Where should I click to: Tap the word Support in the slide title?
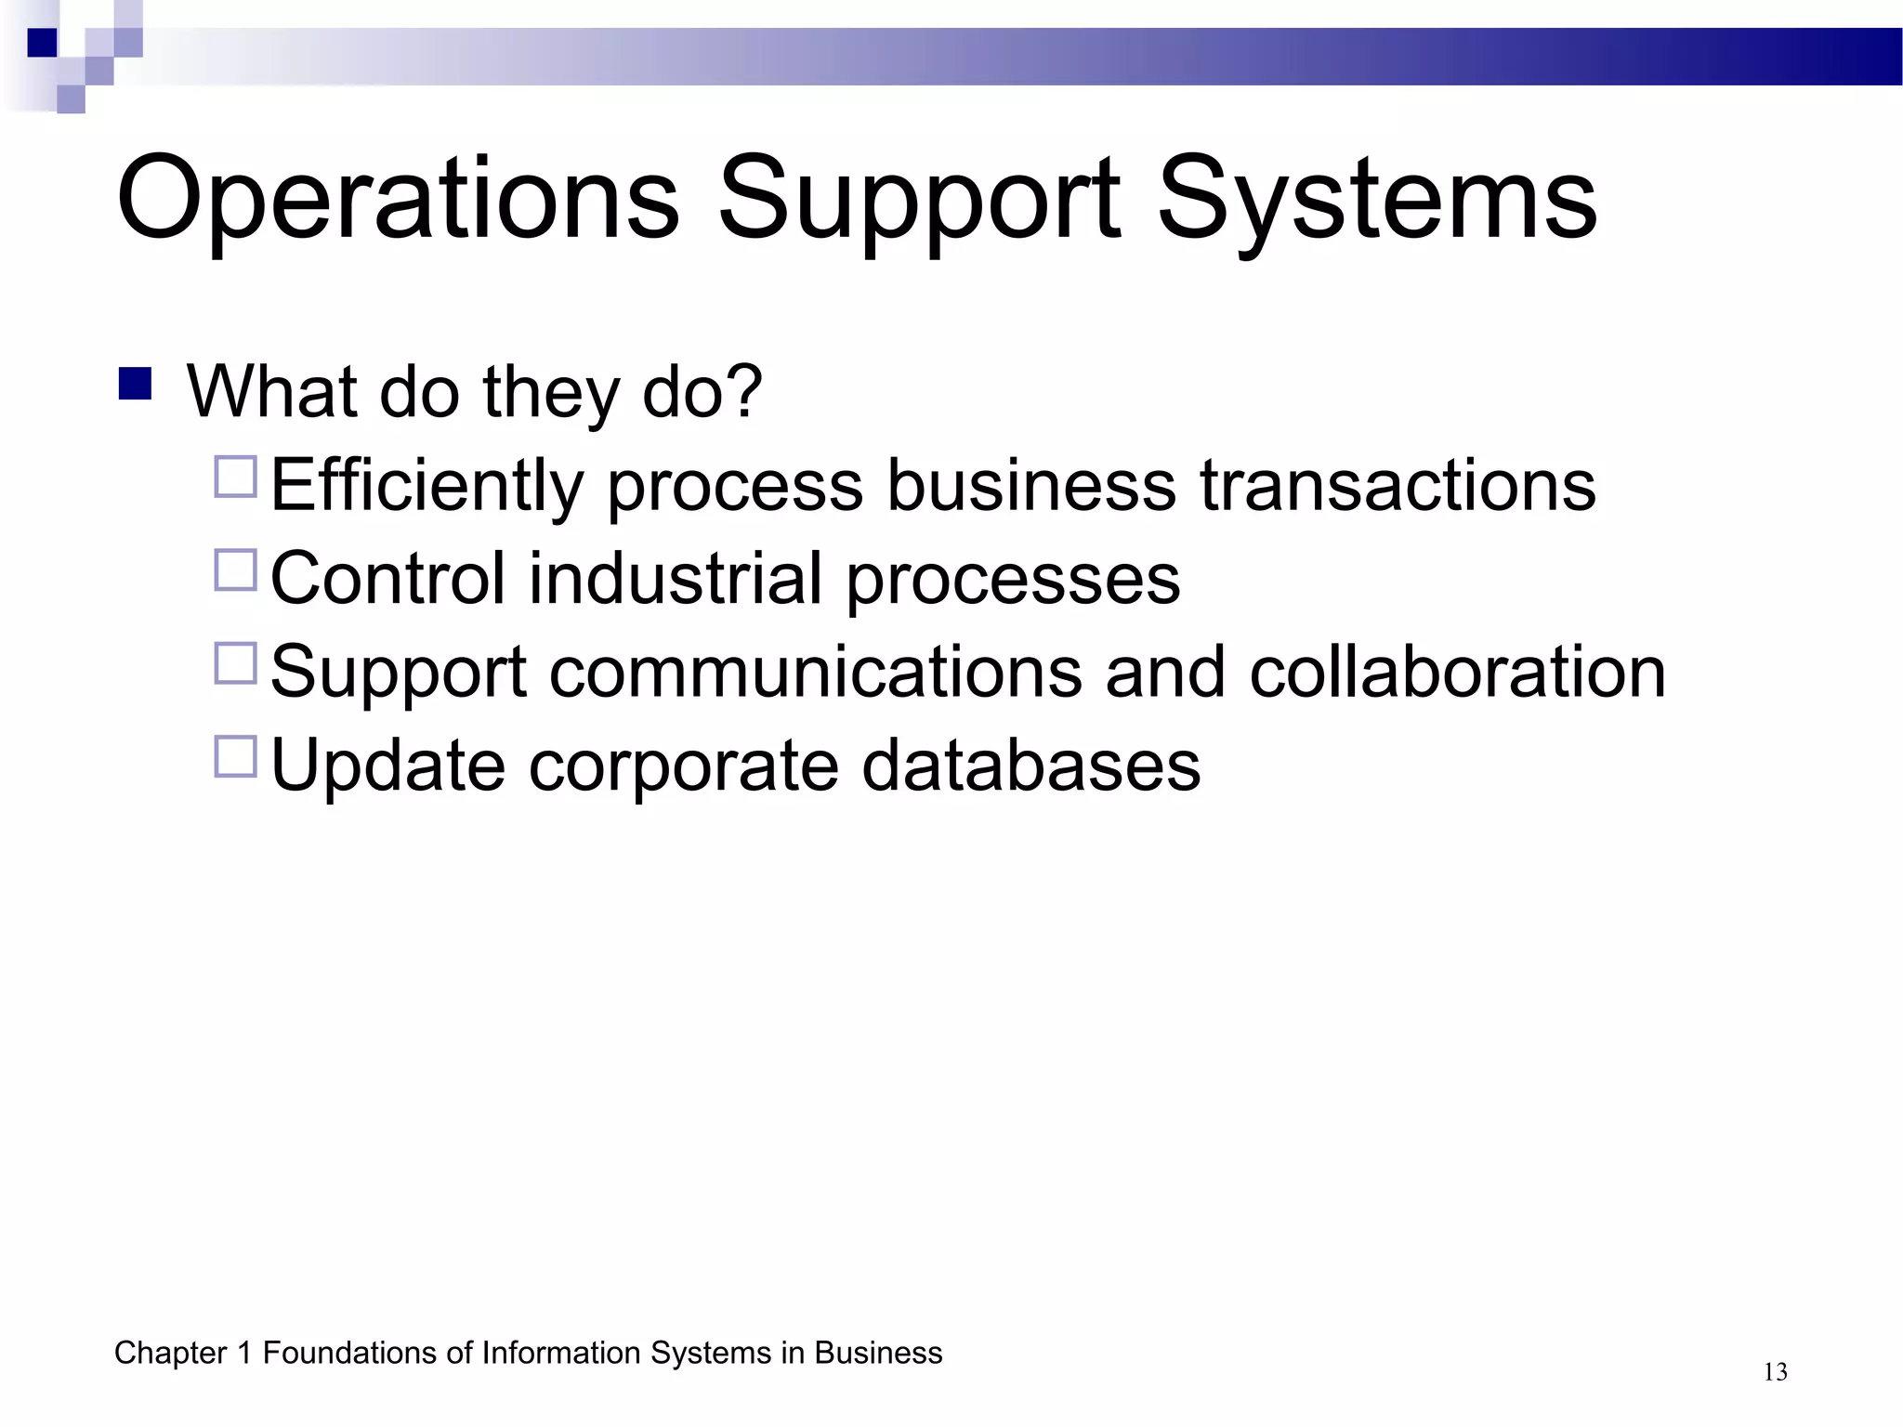920,200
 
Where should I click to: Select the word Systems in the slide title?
1377,200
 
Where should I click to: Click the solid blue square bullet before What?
136,384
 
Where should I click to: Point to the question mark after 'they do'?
743,391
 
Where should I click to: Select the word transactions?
1398,485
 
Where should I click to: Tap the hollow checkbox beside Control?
235,569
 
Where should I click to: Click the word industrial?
676,578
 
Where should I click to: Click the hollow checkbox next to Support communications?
235,663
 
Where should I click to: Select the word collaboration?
1457,671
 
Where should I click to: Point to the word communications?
815,671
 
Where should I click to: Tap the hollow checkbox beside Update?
235,756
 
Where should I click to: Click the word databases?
1031,766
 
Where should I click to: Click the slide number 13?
1775,1372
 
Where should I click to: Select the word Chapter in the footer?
170,1354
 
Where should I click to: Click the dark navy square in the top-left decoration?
42,43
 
